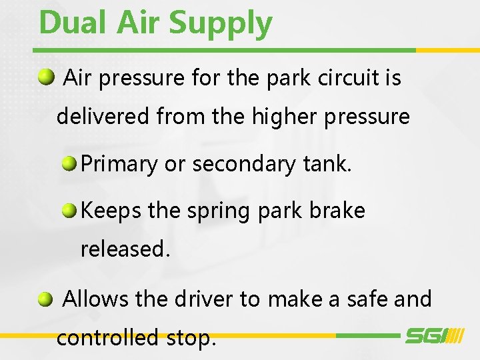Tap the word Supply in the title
(x=221, y=24)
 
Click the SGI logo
(x=434, y=336)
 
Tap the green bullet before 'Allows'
(x=45, y=299)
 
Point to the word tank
(x=329, y=164)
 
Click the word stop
(x=191, y=339)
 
